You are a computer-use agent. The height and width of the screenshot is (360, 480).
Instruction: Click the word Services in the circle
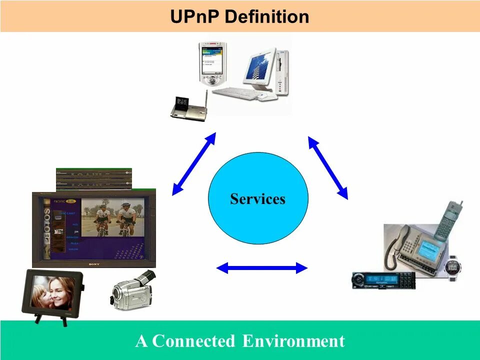(257, 199)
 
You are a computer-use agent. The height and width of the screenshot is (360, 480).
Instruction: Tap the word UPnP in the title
(195, 17)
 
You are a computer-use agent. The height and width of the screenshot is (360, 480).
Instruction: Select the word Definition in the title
(267, 17)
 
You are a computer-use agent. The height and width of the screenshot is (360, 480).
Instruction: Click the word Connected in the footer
(193, 341)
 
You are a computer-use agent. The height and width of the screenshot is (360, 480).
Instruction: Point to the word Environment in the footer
(293, 341)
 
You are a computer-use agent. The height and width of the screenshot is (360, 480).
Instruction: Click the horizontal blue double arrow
(262, 268)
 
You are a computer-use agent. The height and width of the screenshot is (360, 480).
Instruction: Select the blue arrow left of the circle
(193, 163)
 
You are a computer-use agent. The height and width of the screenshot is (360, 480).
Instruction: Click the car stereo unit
(383, 279)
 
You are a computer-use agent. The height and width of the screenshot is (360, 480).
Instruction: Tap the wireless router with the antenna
(188, 107)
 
